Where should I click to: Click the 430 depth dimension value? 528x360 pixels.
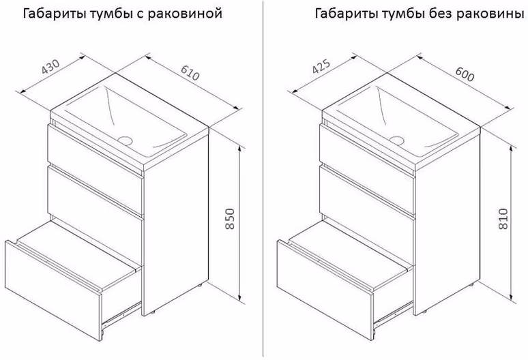click(x=50, y=67)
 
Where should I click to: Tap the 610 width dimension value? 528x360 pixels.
click(x=190, y=72)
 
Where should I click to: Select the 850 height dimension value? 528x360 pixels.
click(x=230, y=219)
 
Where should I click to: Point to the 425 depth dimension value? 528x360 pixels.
click(x=321, y=66)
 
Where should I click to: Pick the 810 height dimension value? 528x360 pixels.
click(x=502, y=219)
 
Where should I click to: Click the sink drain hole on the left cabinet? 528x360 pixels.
click(x=126, y=140)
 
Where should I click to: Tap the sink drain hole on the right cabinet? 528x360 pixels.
click(x=397, y=140)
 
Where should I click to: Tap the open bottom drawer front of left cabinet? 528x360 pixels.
click(x=53, y=290)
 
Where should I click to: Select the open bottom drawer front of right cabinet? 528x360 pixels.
click(x=325, y=290)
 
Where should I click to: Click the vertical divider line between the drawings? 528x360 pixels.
click(x=263, y=179)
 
